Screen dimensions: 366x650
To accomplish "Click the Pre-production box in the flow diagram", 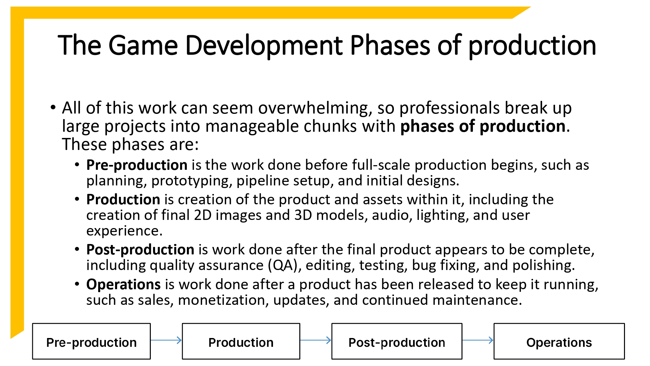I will (x=91, y=342).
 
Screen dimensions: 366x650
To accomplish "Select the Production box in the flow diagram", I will (x=241, y=342).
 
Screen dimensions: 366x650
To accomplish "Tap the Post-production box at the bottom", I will (x=396, y=342).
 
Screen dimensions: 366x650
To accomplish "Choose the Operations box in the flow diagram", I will (x=559, y=342).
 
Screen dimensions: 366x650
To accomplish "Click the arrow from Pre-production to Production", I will (x=166, y=340).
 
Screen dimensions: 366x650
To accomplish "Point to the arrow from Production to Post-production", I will (x=316, y=340).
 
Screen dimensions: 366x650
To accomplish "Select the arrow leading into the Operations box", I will (x=478, y=340).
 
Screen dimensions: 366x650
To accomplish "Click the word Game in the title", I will (x=143, y=46).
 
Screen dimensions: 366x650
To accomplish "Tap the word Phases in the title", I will (x=390, y=46).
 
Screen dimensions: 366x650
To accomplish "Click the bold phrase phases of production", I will (x=483, y=127).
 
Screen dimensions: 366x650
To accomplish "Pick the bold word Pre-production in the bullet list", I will (x=136, y=165).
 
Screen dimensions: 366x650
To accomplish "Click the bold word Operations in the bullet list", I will (x=123, y=285).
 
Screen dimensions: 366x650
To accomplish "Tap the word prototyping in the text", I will (x=192, y=181).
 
